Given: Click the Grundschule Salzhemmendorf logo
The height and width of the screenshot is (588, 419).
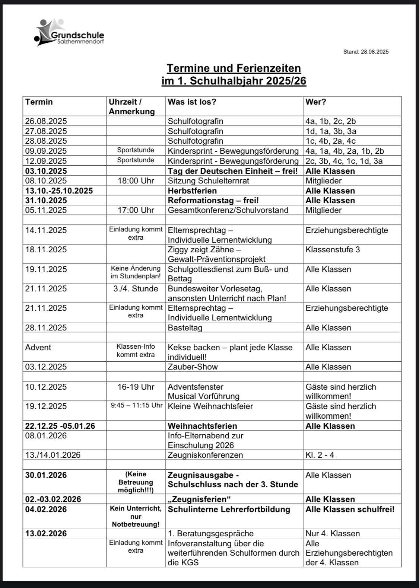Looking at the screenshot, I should tap(69, 33).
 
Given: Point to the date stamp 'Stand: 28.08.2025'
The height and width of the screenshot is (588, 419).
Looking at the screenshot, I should tap(366, 52).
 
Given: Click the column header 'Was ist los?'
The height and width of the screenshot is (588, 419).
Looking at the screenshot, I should tap(192, 102).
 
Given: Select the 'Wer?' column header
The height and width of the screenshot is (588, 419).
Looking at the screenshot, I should tap(316, 102).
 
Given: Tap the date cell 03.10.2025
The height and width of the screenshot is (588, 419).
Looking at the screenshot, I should tap(46, 171).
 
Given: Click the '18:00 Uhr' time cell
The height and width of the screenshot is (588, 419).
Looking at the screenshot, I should tap(136, 181).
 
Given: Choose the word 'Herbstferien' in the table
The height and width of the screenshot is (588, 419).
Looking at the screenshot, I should tap(192, 191).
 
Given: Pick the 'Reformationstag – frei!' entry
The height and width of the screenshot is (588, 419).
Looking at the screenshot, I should tap(213, 200).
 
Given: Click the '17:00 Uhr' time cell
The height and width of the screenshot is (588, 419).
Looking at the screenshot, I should tap(136, 210).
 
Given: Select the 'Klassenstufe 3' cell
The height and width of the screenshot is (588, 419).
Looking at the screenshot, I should tap(333, 249).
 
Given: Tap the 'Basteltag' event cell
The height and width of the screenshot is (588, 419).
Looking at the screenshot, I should tap(185, 327).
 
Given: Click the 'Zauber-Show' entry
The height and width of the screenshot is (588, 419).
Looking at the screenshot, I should tap(193, 367).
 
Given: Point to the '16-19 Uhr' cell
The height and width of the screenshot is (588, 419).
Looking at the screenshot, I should tap(136, 387).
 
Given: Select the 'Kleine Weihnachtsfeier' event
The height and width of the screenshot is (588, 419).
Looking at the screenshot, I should tap(210, 406).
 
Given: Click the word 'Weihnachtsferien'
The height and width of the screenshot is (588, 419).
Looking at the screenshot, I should tap(202, 426).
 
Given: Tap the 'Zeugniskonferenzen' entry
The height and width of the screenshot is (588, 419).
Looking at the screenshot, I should tap(205, 455).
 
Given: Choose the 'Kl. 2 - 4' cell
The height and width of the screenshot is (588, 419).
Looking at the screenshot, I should tap(320, 455).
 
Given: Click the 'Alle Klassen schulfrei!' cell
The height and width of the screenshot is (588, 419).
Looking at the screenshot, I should tap(350, 509).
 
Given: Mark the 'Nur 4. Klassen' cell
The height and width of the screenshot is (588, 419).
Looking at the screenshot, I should tap(333, 533).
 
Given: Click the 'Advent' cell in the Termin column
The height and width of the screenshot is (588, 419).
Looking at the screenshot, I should tap(38, 347).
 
